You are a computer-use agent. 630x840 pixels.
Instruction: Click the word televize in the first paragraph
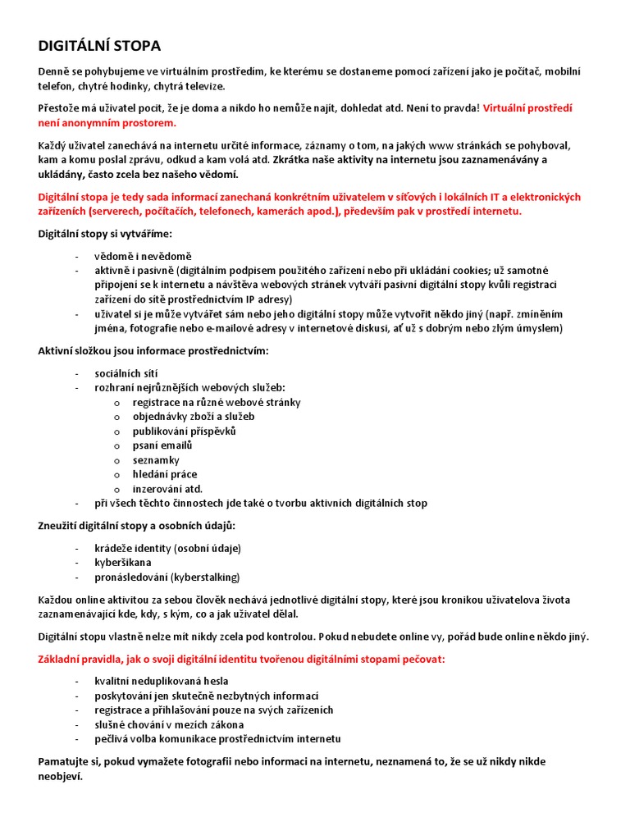[202, 86]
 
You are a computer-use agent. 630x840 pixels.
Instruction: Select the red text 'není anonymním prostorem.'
[107, 123]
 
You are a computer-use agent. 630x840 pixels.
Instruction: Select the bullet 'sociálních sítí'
[126, 373]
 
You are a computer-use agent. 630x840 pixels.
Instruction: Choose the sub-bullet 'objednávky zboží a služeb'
[194, 417]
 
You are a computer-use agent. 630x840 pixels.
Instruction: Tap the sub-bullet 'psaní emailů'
[162, 445]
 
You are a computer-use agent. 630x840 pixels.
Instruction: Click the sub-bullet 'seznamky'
[156, 460]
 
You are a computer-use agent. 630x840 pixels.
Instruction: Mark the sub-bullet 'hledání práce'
[165, 474]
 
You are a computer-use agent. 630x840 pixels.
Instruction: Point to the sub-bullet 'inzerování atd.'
[167, 489]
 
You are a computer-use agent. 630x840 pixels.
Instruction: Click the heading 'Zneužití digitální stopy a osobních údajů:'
[137, 525]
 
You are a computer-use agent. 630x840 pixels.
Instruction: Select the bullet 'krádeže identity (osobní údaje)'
[167, 548]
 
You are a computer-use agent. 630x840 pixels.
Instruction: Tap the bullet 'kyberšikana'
[123, 562]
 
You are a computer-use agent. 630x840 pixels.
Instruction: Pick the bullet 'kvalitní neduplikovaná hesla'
[161, 681]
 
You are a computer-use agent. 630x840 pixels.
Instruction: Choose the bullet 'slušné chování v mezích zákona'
[168, 724]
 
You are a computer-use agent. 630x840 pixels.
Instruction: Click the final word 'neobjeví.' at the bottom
[61, 776]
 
